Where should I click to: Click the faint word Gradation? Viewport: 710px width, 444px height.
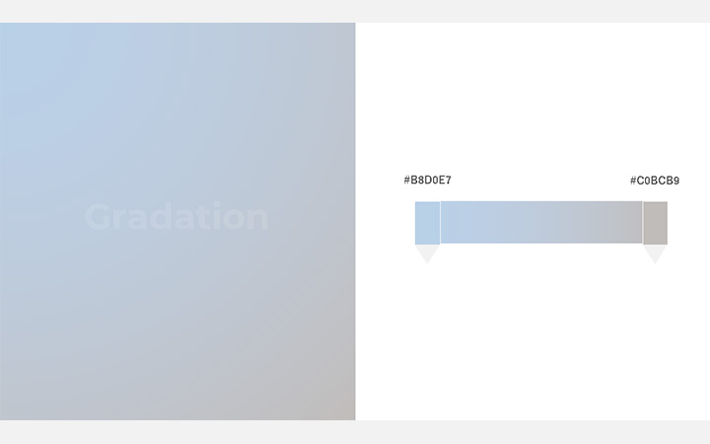point(177,216)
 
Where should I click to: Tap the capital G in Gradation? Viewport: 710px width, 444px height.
point(99,216)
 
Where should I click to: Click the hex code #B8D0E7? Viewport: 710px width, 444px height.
point(427,180)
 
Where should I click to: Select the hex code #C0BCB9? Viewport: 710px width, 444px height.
point(655,181)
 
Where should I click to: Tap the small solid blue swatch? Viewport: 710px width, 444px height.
point(427,223)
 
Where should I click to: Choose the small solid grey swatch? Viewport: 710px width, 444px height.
point(655,223)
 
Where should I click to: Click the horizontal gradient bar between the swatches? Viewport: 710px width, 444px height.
point(541,222)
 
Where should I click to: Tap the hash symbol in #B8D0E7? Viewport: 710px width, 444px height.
point(406,180)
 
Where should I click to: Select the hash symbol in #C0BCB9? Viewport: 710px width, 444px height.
point(633,181)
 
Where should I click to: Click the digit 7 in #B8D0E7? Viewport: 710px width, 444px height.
point(449,180)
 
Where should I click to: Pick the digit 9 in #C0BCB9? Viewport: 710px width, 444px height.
point(676,181)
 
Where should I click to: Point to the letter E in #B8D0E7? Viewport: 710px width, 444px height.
point(442,180)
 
